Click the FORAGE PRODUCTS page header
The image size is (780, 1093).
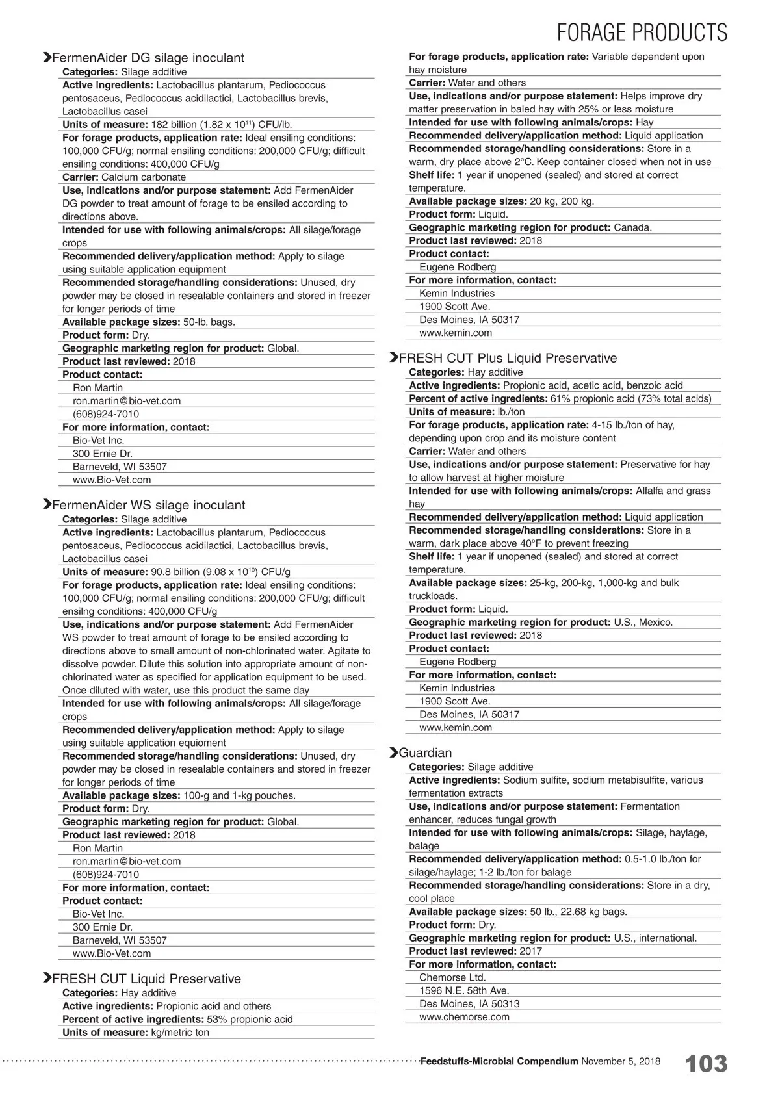[x=642, y=32]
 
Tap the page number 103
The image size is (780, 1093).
[x=707, y=1064]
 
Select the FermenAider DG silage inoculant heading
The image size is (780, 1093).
[x=148, y=58]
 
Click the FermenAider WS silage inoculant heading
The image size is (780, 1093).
[x=148, y=505]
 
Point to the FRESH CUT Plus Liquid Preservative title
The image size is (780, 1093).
[x=508, y=358]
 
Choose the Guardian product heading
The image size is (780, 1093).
[x=425, y=752]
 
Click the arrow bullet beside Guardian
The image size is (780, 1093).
[x=393, y=752]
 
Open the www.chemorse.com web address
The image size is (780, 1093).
[x=464, y=1017]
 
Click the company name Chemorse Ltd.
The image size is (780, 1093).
[x=452, y=977]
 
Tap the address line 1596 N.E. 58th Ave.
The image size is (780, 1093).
[x=464, y=990]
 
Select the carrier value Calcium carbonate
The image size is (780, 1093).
[x=144, y=177]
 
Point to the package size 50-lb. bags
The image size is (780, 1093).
[x=209, y=322]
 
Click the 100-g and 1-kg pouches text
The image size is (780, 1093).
[x=239, y=795]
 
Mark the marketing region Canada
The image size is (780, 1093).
[x=632, y=227]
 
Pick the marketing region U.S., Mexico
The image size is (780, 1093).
[x=643, y=622]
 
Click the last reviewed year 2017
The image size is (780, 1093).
[x=531, y=951]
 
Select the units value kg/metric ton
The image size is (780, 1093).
[x=180, y=1032]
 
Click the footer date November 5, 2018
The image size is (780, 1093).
[x=620, y=1061]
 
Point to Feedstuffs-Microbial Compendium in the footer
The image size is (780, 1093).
[x=499, y=1061]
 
